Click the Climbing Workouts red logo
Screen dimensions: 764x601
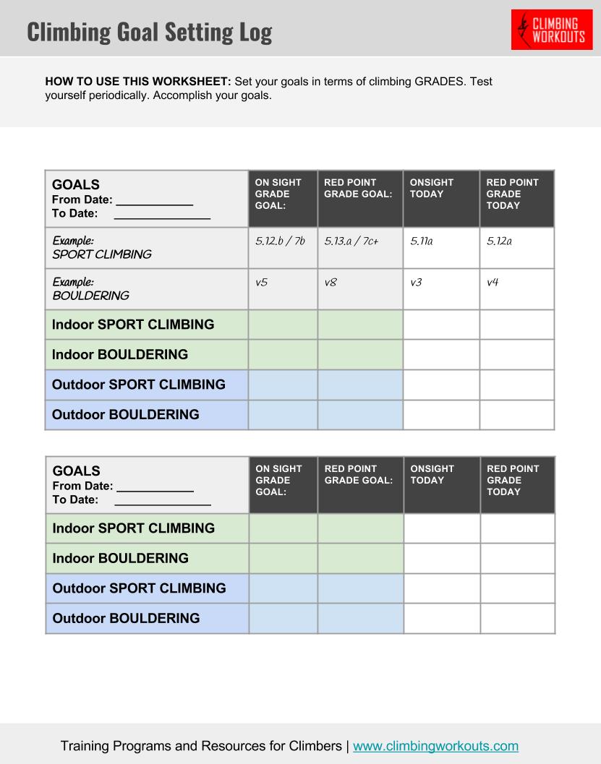click(551, 30)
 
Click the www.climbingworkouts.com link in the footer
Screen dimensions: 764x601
click(435, 746)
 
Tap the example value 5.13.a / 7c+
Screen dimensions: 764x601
click(359, 241)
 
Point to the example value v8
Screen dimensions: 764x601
click(331, 283)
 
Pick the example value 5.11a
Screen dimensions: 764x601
click(421, 241)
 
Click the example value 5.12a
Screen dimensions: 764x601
click(499, 241)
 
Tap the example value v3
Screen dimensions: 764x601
click(416, 283)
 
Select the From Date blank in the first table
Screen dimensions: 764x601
click(154, 200)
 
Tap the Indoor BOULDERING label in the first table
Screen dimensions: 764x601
click(120, 355)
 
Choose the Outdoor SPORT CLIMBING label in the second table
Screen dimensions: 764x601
click(139, 588)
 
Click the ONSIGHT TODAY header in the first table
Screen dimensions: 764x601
click(432, 188)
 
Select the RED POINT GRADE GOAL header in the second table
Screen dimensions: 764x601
click(359, 474)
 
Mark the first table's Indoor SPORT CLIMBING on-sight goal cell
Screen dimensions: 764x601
click(283, 325)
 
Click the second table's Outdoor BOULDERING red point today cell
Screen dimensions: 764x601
click(517, 619)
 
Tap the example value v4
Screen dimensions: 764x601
click(493, 283)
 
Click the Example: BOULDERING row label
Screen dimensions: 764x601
click(90, 288)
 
